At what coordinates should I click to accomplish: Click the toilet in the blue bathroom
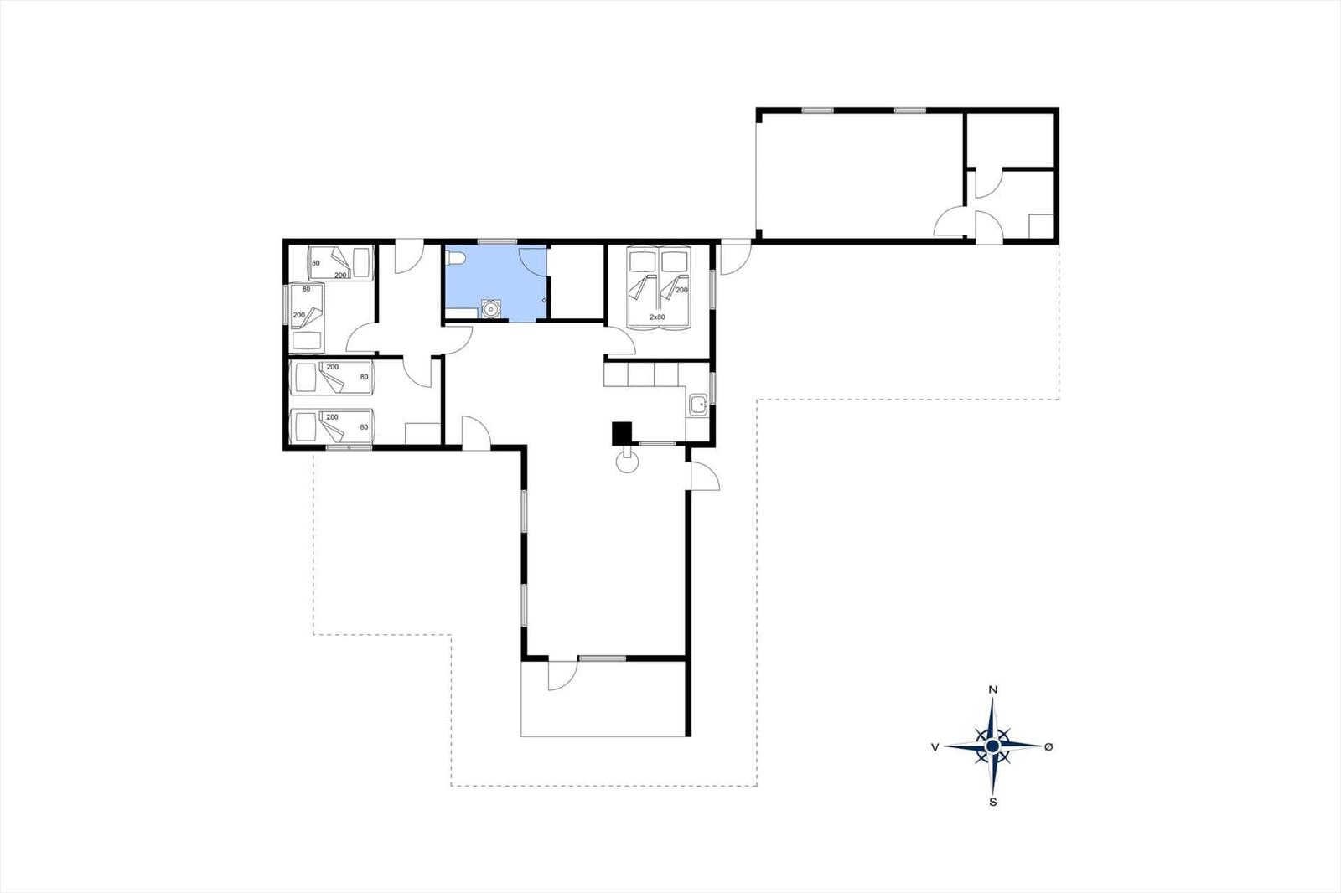(x=457, y=259)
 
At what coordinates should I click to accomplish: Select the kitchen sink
(x=698, y=405)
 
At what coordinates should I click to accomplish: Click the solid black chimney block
(x=622, y=433)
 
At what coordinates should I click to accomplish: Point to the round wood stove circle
(x=628, y=462)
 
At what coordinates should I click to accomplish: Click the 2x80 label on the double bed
(x=657, y=317)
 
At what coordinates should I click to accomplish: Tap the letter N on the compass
(x=993, y=690)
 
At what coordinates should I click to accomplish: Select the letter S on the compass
(x=993, y=802)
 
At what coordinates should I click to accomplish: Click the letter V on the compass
(x=935, y=746)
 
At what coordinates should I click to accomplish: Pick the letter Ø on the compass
(x=1048, y=746)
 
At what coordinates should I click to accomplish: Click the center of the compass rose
(x=992, y=746)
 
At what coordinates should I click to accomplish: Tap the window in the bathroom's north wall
(x=498, y=242)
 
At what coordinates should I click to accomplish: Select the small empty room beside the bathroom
(x=576, y=281)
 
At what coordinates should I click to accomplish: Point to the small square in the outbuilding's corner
(x=1040, y=226)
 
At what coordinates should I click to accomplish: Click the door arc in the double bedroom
(x=621, y=341)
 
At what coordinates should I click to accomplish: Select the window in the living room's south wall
(x=603, y=658)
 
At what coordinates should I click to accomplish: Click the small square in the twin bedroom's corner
(x=422, y=434)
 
